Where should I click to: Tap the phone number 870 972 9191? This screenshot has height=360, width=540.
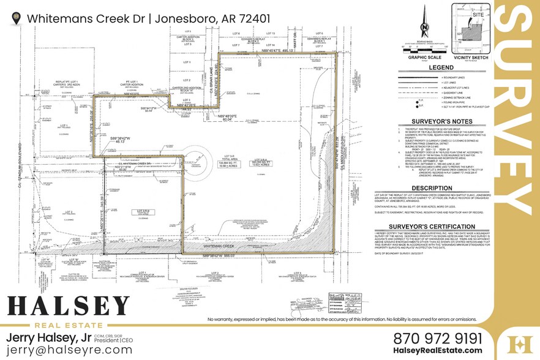click(x=437, y=339)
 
